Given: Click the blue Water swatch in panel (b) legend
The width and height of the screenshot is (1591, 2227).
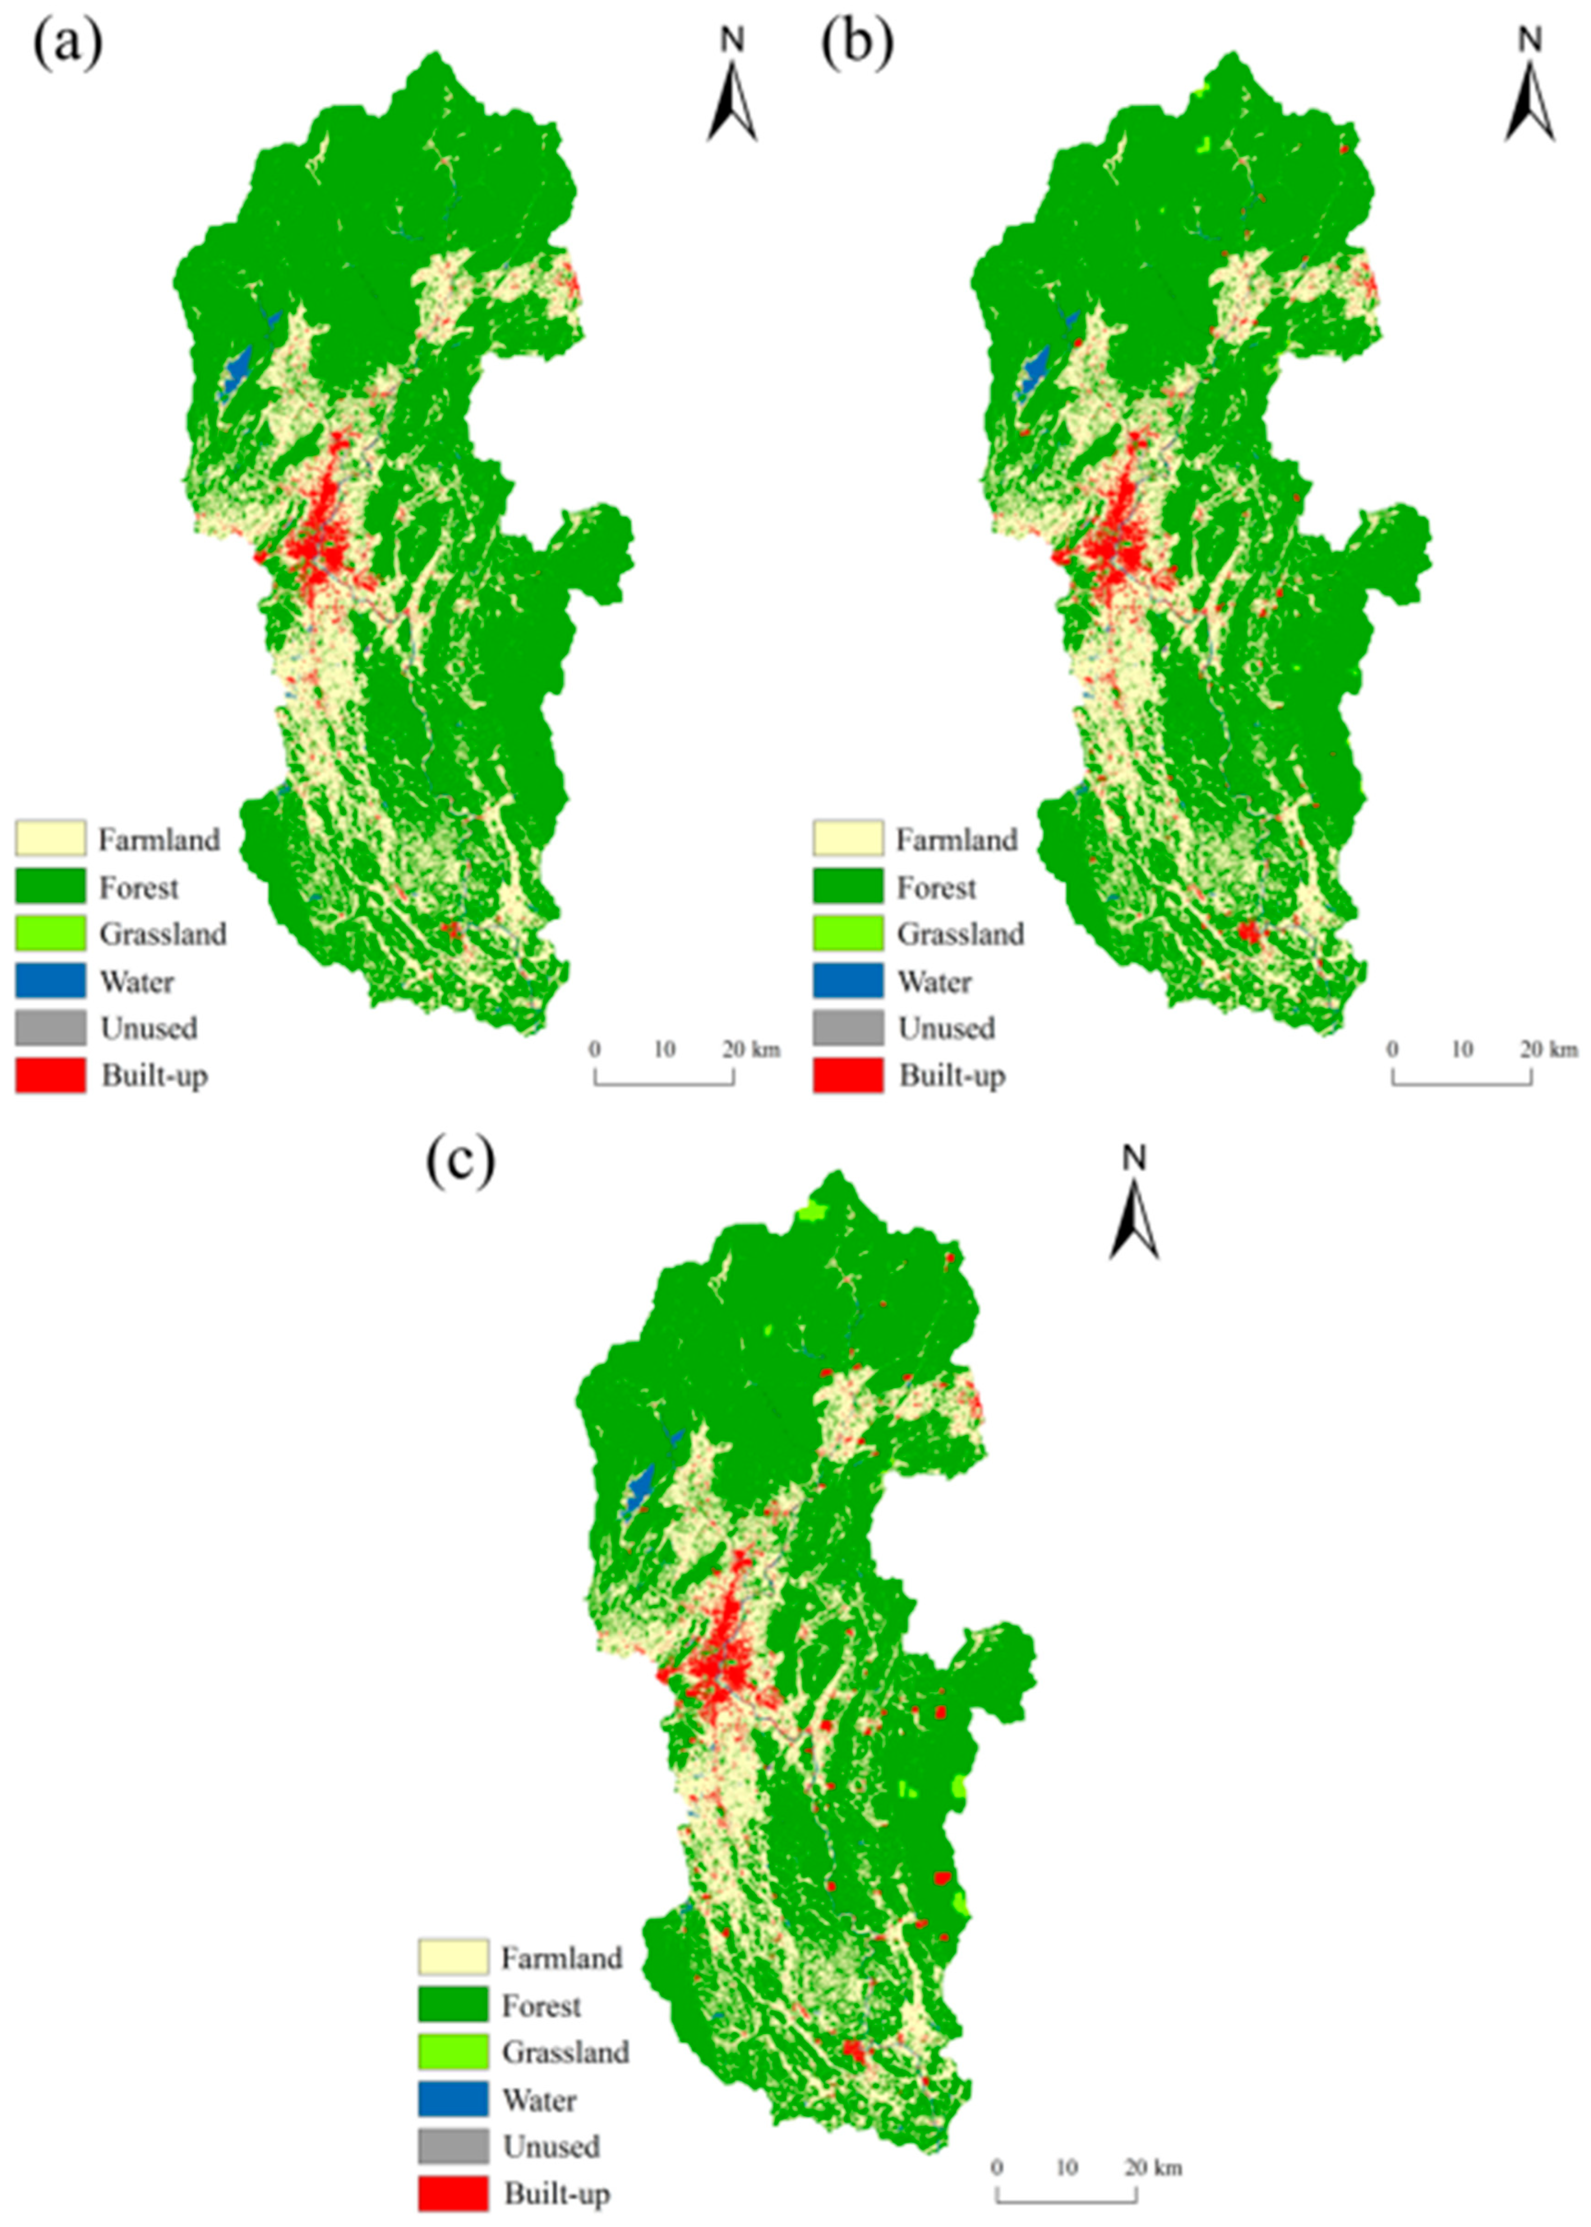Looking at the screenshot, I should pyautogui.click(x=847, y=981).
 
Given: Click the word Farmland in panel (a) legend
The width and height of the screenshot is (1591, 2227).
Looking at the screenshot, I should pyautogui.click(x=159, y=839).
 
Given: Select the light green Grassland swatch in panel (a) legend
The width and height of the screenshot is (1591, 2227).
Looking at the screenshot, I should pyautogui.click(x=50, y=934).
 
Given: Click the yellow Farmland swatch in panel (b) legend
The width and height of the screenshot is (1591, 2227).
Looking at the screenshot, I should pyautogui.click(x=847, y=839).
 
